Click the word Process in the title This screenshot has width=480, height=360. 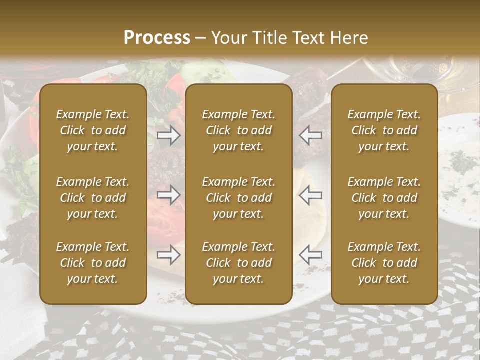157,38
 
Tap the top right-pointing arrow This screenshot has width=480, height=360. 168,135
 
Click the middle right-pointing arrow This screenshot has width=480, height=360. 168,195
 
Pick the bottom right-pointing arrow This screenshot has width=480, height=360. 168,255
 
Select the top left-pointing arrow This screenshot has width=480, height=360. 311,135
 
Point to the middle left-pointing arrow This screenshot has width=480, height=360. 311,195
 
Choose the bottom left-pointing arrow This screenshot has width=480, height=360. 311,255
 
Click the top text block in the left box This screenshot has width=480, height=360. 93,130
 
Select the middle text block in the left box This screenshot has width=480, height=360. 93,198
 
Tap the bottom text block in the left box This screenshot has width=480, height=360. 93,263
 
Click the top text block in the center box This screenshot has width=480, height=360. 238,130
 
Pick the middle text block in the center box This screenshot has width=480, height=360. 238,198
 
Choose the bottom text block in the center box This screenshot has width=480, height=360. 238,263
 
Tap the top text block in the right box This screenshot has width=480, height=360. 384,130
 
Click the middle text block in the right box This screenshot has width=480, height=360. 384,198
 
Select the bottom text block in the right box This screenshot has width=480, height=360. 384,263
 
